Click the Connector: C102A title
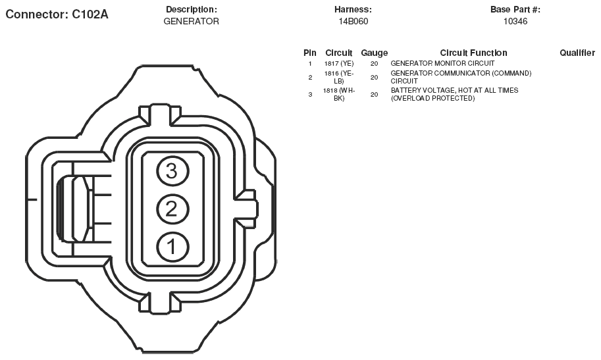pyautogui.click(x=57, y=14)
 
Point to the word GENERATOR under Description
pyautogui.click(x=192, y=22)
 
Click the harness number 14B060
pyautogui.click(x=353, y=22)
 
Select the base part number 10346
pyautogui.click(x=515, y=22)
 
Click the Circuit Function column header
pyautogui.click(x=473, y=53)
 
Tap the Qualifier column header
pyautogui.click(x=577, y=53)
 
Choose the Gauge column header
pyautogui.click(x=374, y=53)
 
